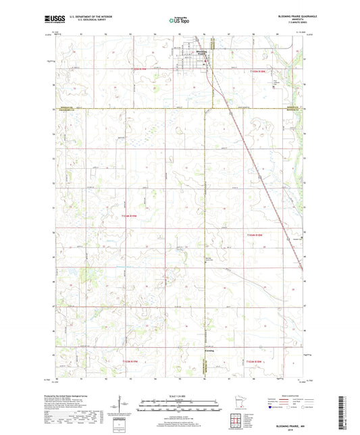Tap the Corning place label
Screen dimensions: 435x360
pyautogui.click(x=208, y=351)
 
